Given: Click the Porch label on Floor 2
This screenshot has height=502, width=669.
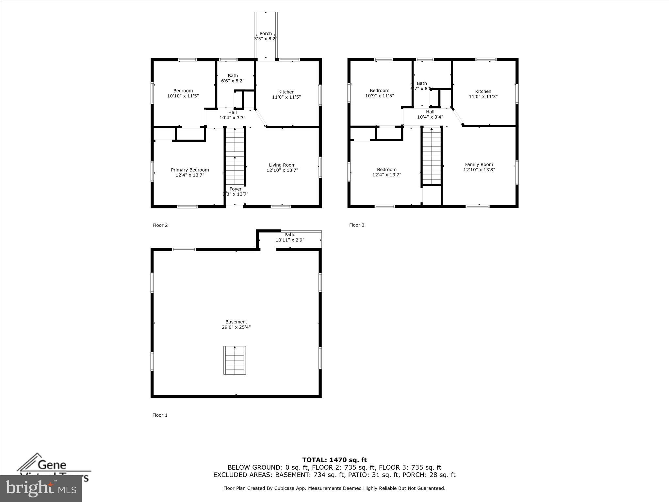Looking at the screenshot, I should [266, 34].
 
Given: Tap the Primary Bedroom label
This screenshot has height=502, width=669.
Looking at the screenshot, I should [190, 170].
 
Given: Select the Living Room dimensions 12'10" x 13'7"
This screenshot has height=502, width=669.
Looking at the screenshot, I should [282, 170].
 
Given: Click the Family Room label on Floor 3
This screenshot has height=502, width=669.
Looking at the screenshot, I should [479, 165].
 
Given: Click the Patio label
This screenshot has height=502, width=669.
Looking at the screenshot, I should [290, 235].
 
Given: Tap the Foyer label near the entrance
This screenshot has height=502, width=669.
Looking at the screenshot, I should [236, 189].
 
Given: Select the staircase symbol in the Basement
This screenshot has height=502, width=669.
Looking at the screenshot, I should [235, 360].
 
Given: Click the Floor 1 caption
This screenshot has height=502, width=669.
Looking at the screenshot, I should [160, 415].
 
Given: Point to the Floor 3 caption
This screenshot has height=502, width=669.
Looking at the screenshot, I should [357, 225].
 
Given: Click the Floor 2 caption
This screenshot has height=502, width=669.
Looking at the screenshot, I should [160, 225].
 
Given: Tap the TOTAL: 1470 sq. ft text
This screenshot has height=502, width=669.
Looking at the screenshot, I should [334, 460].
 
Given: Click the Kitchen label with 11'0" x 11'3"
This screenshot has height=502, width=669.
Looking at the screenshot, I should [483, 94].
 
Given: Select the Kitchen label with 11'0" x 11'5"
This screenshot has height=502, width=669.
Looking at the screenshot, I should [286, 94].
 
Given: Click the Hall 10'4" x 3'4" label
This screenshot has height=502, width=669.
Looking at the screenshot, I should [430, 114].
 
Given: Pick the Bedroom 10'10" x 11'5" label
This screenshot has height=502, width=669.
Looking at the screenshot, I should [183, 93].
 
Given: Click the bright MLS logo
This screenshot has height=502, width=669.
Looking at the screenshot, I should [41, 489].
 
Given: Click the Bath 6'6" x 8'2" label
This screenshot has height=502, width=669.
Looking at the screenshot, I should [233, 78].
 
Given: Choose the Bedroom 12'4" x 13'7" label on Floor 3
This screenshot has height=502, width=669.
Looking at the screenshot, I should [387, 172].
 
